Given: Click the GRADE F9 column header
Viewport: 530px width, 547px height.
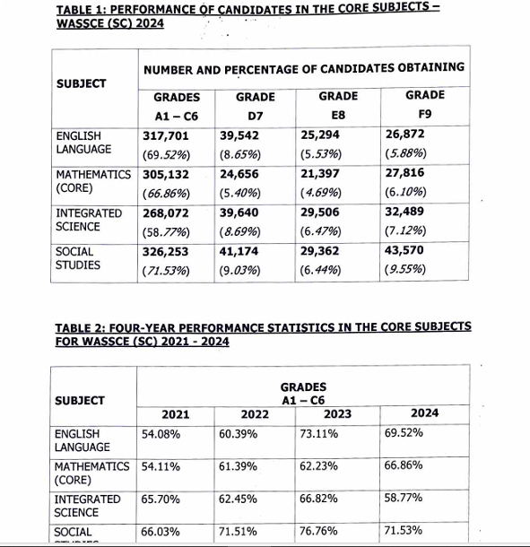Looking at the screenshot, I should pos(425,104).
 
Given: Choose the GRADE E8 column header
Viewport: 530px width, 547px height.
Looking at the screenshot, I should pos(338,105).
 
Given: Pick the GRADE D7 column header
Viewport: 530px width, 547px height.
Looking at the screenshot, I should pos(255,105).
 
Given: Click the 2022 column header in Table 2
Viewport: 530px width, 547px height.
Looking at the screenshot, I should pos(256,414).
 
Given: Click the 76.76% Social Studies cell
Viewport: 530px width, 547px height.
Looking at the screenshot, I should pos(319,532).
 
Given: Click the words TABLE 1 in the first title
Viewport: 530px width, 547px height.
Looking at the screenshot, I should pos(83,9).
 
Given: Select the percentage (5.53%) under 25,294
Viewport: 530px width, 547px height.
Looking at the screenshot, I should pos(321,153).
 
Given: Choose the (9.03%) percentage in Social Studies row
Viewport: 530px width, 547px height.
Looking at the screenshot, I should pos(239,270).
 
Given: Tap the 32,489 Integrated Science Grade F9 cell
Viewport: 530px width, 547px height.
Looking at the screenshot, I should pos(404,213).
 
